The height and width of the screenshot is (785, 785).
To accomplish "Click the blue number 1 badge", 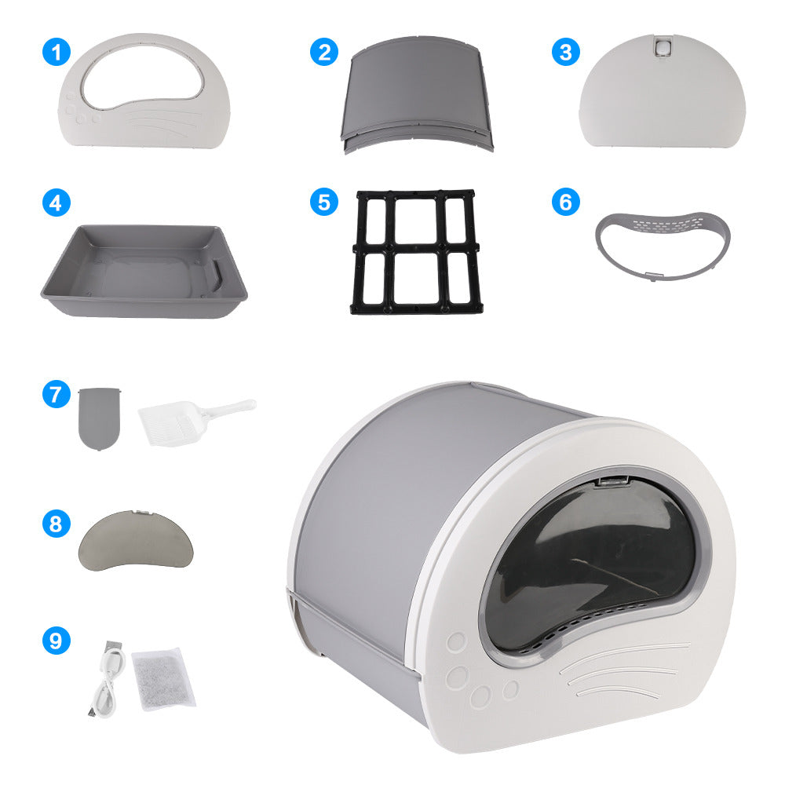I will click(56, 53).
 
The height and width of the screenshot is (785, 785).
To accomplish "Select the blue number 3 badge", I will click(564, 53).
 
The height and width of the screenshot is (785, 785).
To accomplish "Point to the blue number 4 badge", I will click(56, 203).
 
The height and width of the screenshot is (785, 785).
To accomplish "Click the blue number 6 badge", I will click(564, 203).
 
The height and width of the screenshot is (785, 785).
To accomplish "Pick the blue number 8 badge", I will click(56, 524).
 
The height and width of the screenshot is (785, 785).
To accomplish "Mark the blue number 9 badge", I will click(56, 641).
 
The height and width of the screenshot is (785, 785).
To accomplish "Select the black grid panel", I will click(414, 251).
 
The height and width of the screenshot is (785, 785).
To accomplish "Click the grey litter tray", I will click(144, 271).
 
